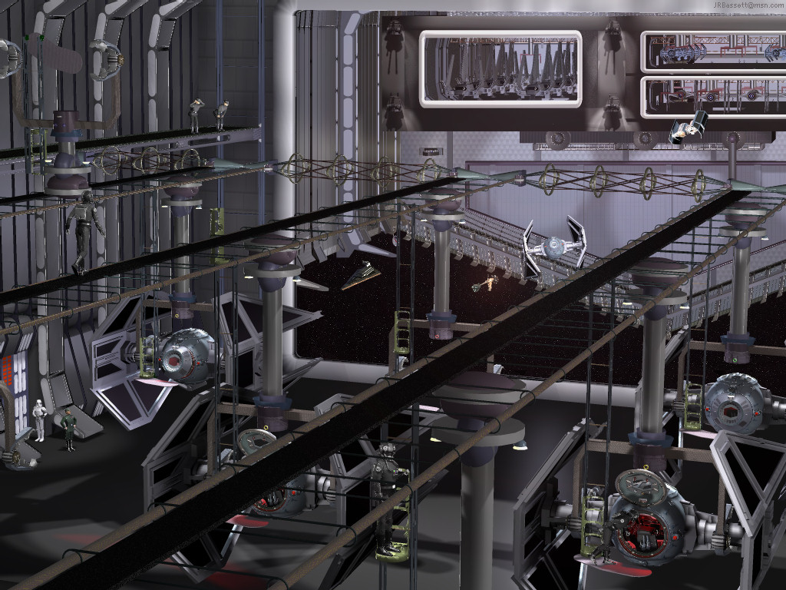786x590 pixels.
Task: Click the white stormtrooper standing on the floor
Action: tap(38, 420)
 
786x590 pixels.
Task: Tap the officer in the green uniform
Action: tap(68, 429)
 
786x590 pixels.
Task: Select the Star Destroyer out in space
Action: tap(361, 276)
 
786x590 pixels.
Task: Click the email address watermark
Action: tap(749, 5)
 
